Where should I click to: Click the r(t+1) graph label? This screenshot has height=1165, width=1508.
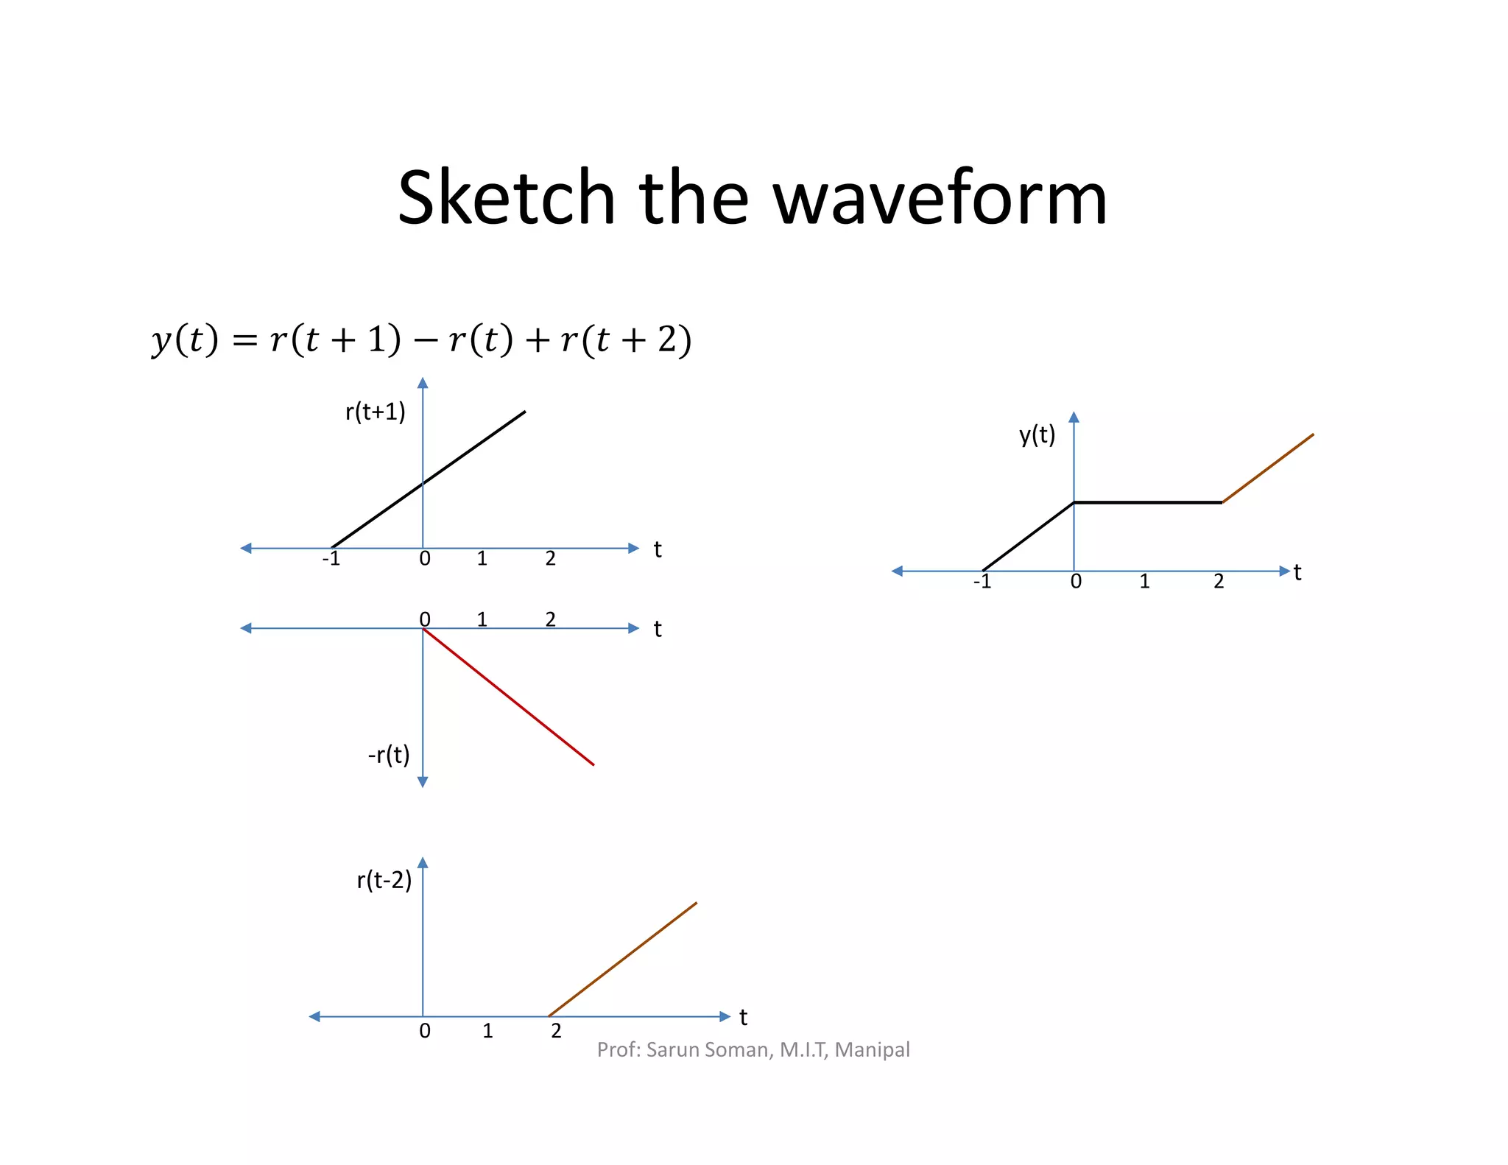pos(375,411)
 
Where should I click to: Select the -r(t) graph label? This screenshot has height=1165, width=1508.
pos(388,755)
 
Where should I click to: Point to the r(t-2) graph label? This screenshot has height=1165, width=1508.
pos(384,880)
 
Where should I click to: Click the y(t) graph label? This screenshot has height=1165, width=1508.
pos(1037,434)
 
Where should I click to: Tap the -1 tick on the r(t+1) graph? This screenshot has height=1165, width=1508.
pos(331,559)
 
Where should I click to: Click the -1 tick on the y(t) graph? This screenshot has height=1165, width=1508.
pos(982,582)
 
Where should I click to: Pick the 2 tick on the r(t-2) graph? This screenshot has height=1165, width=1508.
pos(556,1031)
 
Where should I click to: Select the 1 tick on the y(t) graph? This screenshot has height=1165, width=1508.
pos(1144,582)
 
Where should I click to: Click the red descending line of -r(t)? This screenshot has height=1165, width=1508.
pos(508,697)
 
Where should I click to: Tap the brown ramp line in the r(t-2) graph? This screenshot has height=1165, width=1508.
pos(622,960)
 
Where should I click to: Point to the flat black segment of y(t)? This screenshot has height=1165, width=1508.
pos(1148,502)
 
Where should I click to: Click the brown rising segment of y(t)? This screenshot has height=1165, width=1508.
pos(1268,468)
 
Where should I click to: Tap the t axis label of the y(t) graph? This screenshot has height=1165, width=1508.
pos(1297,572)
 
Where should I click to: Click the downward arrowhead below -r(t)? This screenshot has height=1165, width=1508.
pos(423,782)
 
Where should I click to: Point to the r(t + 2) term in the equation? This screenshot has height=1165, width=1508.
pos(626,339)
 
